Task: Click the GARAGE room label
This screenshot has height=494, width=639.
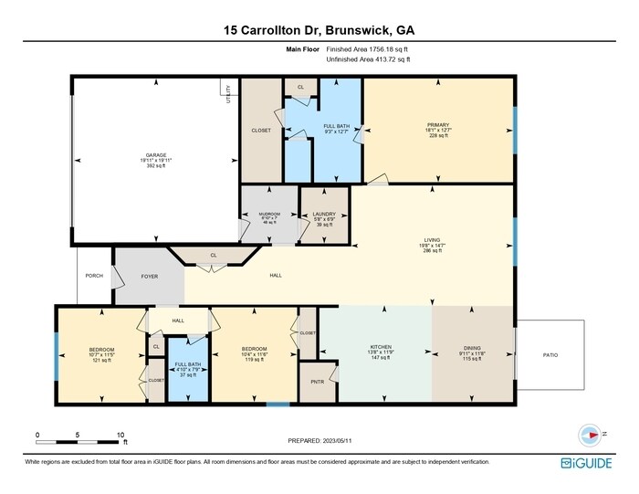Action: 154,155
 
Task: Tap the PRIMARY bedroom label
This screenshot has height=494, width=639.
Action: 438,124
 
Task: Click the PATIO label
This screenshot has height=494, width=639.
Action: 550,355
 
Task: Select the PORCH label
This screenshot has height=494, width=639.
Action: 93,276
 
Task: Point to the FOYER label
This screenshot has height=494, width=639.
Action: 150,276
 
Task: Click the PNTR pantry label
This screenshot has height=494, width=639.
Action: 317,382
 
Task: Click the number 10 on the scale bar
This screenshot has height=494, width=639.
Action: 120,435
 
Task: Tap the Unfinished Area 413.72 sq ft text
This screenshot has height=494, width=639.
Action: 368,59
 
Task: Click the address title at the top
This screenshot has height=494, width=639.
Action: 319,30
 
